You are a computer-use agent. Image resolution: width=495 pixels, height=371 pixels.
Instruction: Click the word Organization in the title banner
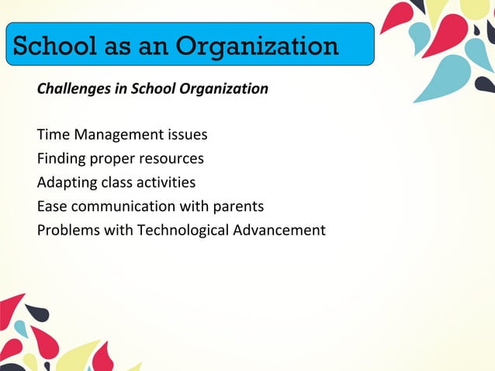pyautogui.click(x=257, y=46)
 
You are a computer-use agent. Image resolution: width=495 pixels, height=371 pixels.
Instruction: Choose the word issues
pyautogui.click(x=187, y=135)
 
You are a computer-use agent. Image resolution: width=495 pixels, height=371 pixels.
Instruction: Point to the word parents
pyautogui.click(x=238, y=207)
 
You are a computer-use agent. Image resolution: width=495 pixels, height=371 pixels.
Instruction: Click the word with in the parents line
pyautogui.click(x=194, y=207)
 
